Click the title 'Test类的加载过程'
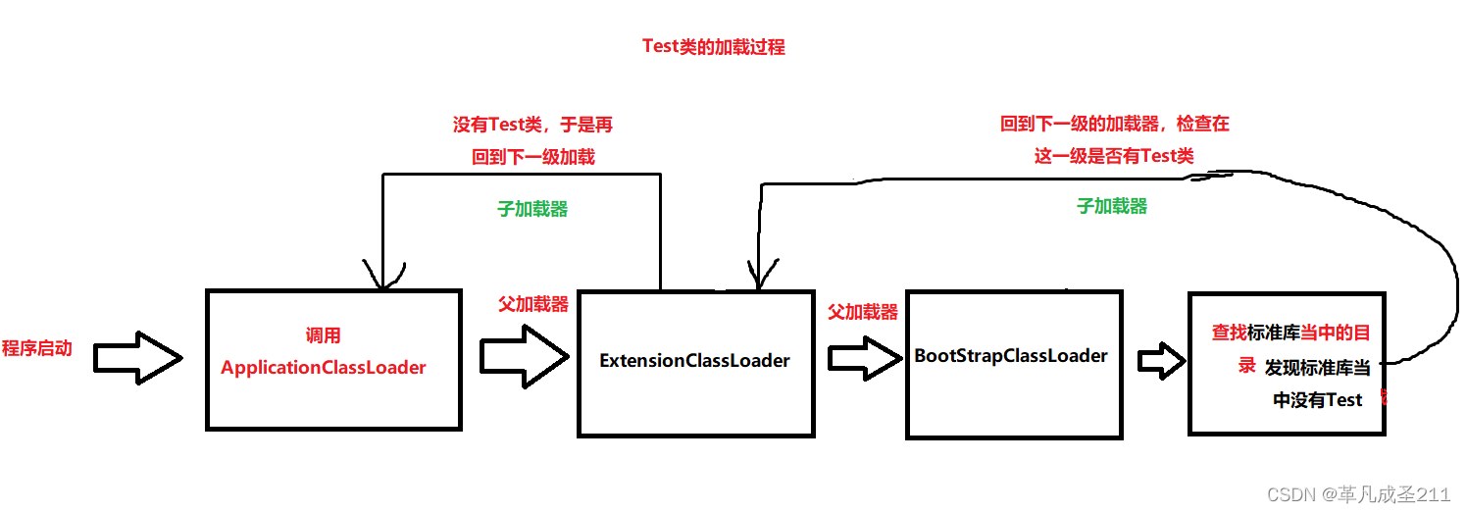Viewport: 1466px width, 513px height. (x=713, y=46)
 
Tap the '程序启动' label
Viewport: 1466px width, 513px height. (x=37, y=348)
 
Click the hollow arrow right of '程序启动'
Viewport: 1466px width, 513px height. (x=137, y=358)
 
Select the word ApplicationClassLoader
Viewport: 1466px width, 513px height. (x=324, y=368)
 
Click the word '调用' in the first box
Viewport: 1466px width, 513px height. (x=323, y=336)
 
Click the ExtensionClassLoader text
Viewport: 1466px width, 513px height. (x=694, y=360)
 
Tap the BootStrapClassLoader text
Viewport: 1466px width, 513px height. (x=1011, y=355)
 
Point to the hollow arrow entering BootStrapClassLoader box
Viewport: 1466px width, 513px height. (x=864, y=358)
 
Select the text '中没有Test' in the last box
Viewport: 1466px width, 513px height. (x=1317, y=399)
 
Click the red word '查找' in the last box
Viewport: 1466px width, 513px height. (x=1229, y=333)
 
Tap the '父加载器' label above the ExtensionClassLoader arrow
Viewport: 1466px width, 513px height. (x=533, y=304)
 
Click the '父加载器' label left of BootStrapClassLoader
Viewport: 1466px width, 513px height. (x=863, y=312)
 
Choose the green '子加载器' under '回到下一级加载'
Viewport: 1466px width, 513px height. (x=533, y=209)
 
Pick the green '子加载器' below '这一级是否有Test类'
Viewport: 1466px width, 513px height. (x=1112, y=206)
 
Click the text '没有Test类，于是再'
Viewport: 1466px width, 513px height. (x=532, y=125)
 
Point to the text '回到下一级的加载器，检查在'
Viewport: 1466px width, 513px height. (x=1114, y=125)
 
